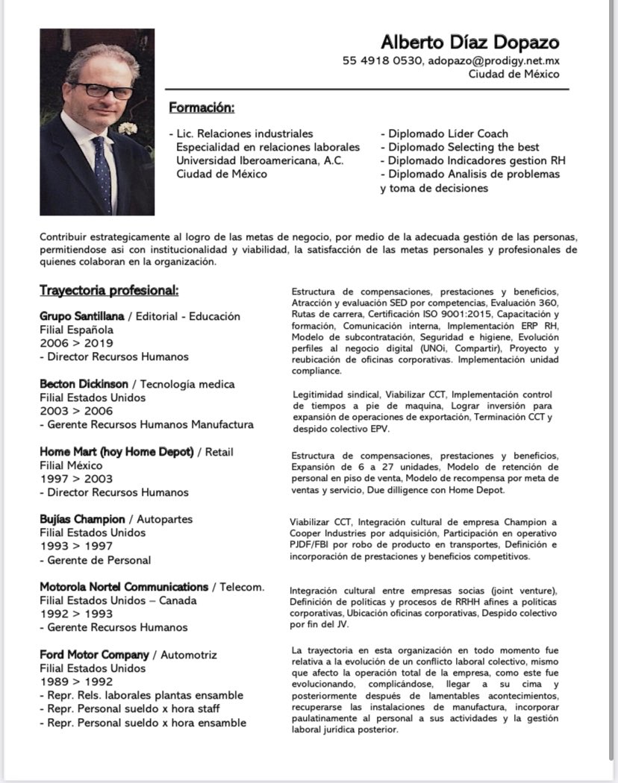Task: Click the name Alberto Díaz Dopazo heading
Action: point(469,42)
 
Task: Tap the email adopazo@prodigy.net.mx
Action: point(494,61)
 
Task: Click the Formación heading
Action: point(202,108)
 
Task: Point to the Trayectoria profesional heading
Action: point(109,290)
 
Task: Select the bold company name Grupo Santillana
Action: point(81,316)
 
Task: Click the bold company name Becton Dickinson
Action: point(84,384)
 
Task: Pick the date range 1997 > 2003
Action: point(76,479)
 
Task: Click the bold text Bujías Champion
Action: point(83,519)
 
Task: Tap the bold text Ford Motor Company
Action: point(94,655)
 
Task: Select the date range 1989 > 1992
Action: point(76,682)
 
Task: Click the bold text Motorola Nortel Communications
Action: point(123,587)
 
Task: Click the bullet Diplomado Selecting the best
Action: point(463,147)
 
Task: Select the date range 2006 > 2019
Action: point(76,343)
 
